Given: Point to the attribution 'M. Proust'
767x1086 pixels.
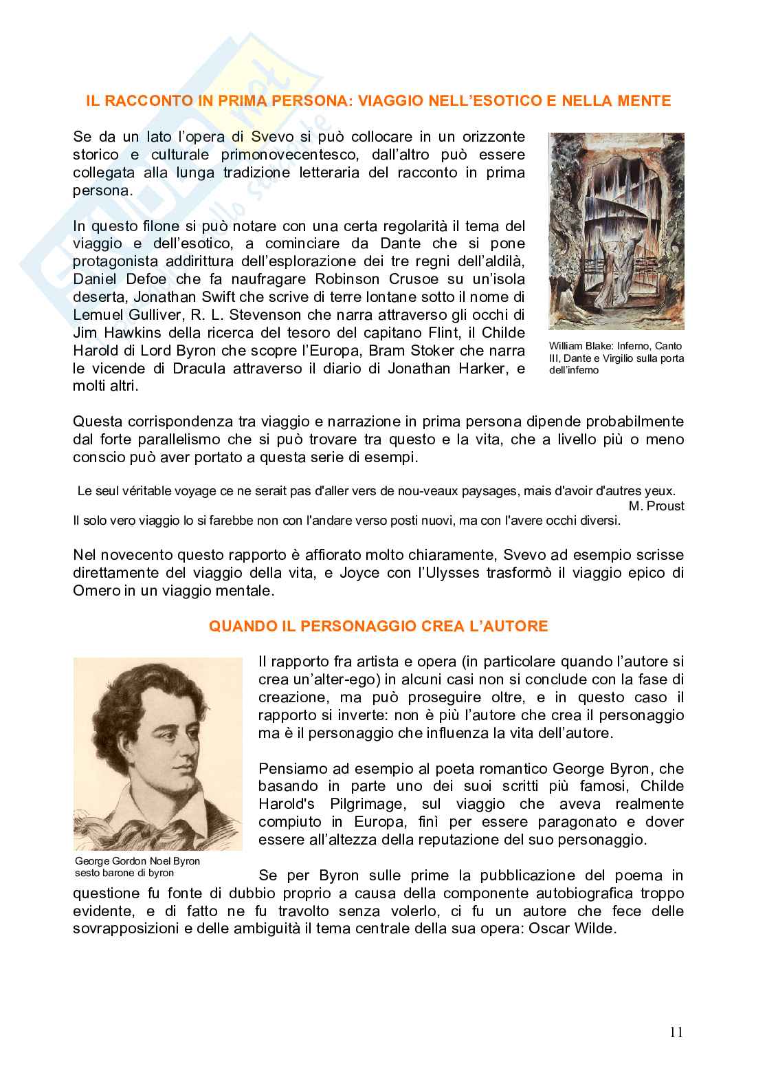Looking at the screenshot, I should point(656,506).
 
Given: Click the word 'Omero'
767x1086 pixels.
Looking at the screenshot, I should point(96,591).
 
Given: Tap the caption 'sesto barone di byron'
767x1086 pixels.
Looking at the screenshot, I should point(124,873).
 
